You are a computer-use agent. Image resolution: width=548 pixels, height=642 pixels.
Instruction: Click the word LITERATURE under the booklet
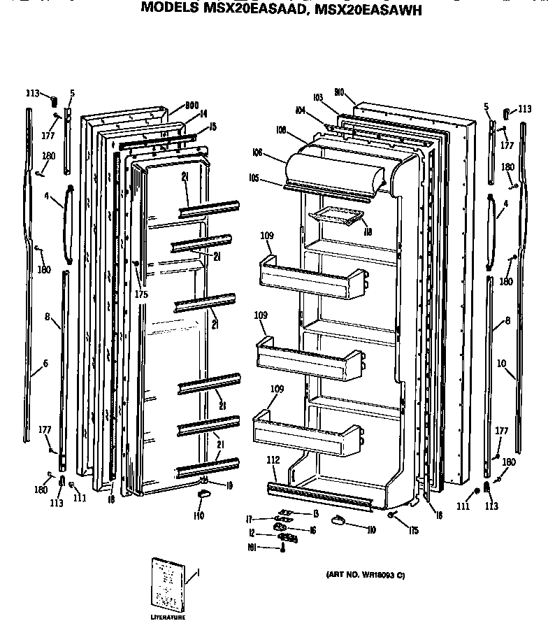pos(167,618)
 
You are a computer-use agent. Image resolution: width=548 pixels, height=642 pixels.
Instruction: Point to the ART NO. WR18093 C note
pos(365,575)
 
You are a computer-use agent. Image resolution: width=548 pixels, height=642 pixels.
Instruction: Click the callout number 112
pos(273,459)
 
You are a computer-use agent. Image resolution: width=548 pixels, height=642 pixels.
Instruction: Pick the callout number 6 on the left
pos(45,363)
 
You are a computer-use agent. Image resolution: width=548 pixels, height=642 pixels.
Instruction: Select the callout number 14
pos(203,113)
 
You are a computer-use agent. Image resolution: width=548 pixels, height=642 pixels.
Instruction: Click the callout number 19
pos(229,484)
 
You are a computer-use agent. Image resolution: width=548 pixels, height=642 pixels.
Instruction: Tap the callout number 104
pos(301,110)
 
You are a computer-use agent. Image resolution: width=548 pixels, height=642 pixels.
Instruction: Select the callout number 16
pos(312,531)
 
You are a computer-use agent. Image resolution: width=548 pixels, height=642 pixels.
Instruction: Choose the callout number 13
pos(315,513)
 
